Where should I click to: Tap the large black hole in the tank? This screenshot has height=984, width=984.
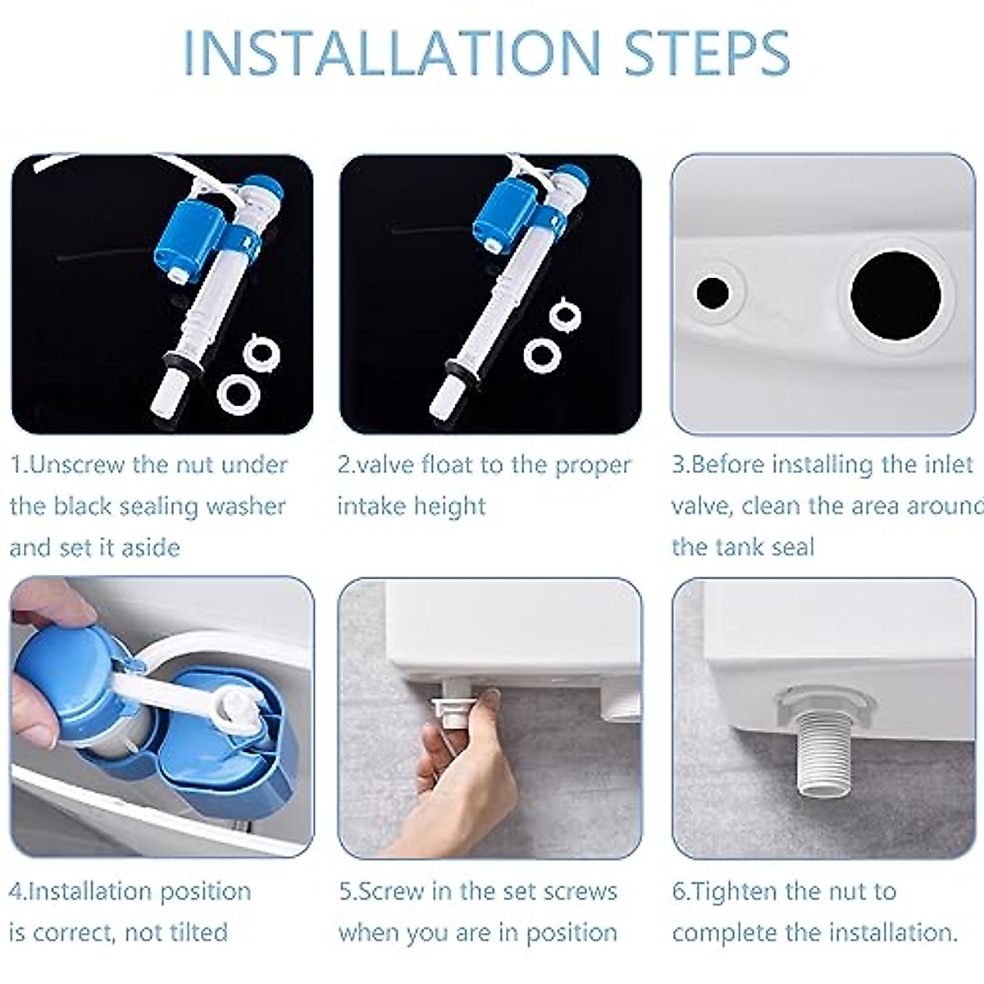coord(895,293)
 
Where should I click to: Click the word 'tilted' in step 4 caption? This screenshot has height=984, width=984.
coord(194,932)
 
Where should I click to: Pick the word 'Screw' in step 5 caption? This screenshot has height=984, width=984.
coord(395,891)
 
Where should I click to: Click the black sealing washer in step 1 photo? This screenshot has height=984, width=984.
coord(184,363)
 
